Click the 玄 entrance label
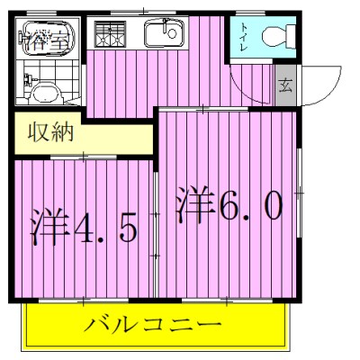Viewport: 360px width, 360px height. point(285,87)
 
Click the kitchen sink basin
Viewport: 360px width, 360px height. point(166,35)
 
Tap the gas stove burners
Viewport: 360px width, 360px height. point(111,34)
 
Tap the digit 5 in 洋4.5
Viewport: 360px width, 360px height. point(126,229)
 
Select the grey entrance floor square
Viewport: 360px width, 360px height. point(285,88)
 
